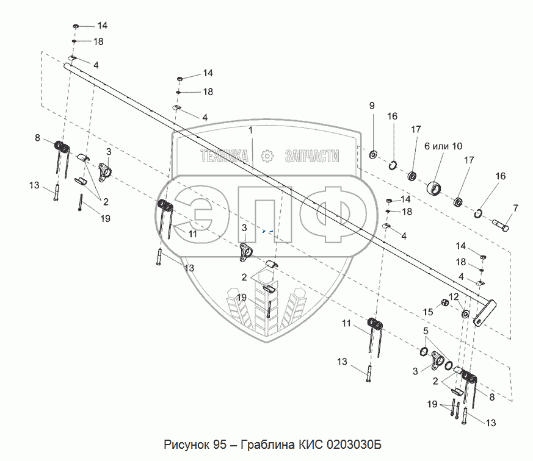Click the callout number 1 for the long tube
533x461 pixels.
[250, 130]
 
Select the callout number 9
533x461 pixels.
[371, 107]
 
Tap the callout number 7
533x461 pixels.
[515, 209]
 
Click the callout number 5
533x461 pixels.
[426, 331]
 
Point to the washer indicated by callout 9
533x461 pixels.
[372, 151]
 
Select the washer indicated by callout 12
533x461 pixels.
[465, 314]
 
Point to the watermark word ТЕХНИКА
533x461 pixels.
[225, 157]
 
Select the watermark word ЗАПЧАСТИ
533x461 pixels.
[311, 157]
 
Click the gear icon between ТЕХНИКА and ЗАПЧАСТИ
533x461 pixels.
[267, 157]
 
